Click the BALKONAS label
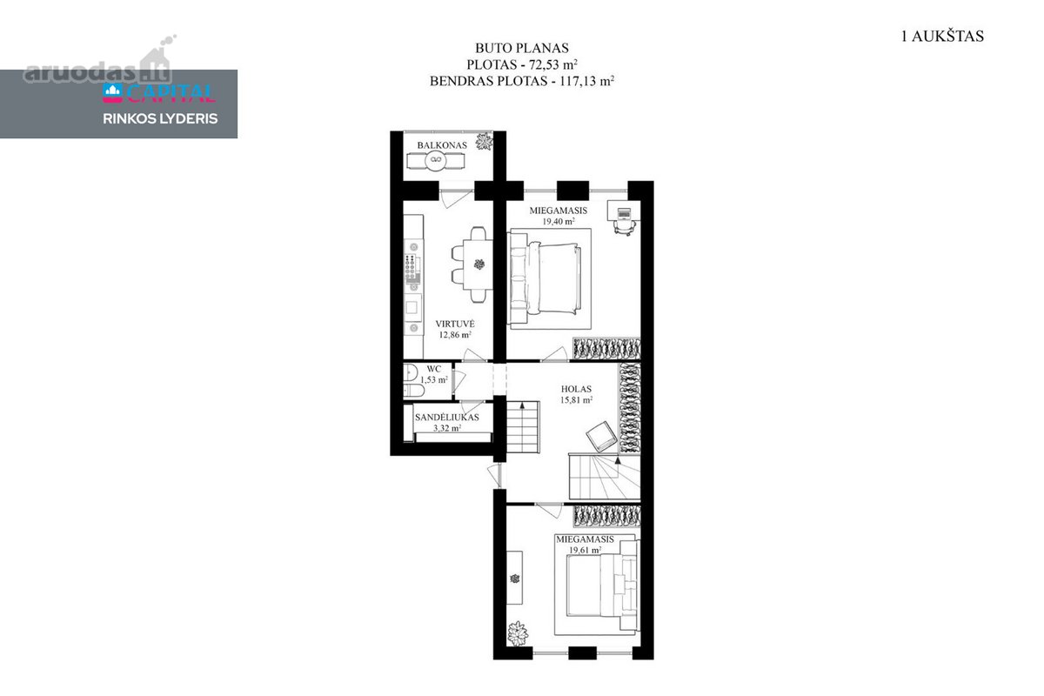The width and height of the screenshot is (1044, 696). pyautogui.click(x=442, y=145)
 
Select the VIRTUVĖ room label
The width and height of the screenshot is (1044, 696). pyautogui.click(x=455, y=324)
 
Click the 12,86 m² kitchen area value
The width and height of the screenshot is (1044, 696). pyautogui.click(x=455, y=334)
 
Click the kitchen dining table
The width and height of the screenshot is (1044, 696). pyautogui.click(x=478, y=264)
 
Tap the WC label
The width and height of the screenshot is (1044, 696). pyautogui.click(x=433, y=369)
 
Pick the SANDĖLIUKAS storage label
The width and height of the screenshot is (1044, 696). pyautogui.click(x=447, y=418)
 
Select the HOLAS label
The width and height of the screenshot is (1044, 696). pyautogui.click(x=576, y=389)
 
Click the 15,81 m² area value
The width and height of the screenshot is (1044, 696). pyautogui.click(x=576, y=399)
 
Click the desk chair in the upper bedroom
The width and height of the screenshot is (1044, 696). pyautogui.click(x=624, y=227)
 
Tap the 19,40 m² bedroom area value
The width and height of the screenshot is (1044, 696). pyautogui.click(x=558, y=222)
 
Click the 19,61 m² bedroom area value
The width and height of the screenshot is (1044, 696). pyautogui.click(x=585, y=550)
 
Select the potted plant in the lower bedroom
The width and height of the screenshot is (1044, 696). pyautogui.click(x=518, y=634)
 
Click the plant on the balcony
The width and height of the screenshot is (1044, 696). pyautogui.click(x=485, y=142)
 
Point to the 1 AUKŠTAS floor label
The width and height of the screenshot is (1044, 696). pyautogui.click(x=942, y=37)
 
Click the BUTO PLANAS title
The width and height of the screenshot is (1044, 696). pyautogui.click(x=522, y=48)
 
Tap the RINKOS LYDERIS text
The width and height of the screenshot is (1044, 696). pyautogui.click(x=160, y=119)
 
